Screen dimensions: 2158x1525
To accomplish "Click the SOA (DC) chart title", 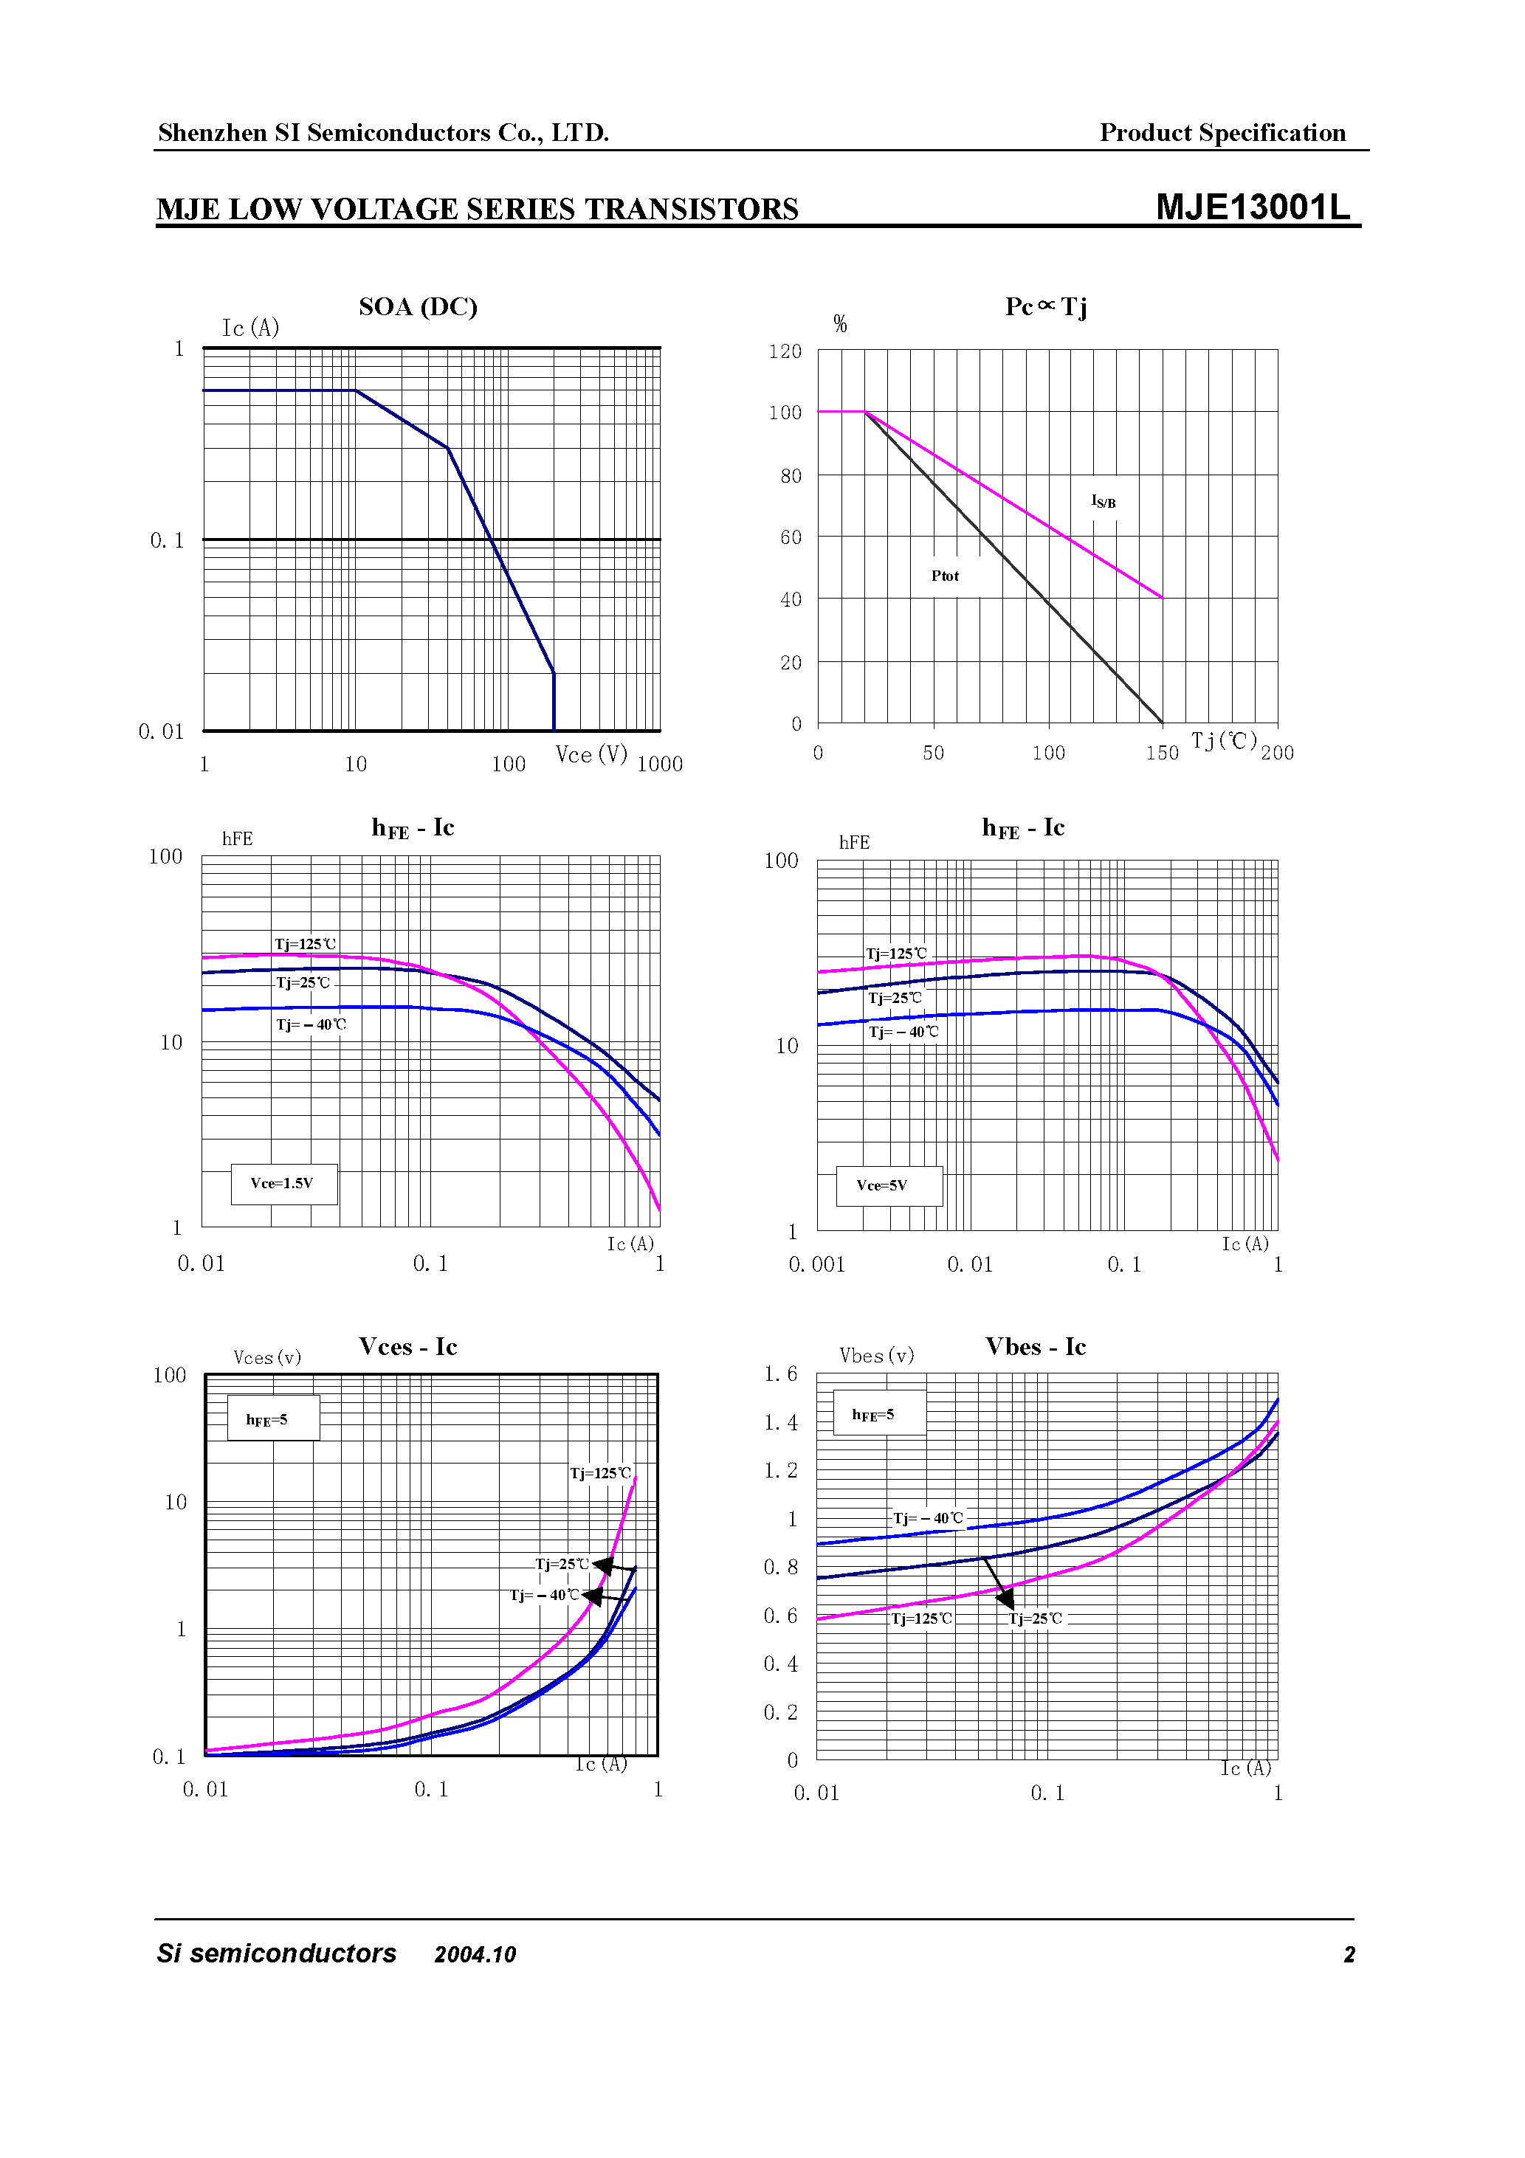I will pyautogui.click(x=418, y=306).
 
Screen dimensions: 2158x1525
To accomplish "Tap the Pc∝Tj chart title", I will pyautogui.click(x=1045, y=306).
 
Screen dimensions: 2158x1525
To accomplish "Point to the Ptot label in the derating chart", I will pyautogui.click(x=945, y=576).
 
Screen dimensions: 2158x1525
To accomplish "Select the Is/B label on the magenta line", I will pyautogui.click(x=1103, y=502).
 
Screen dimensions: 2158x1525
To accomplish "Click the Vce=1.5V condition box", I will pyautogui.click(x=283, y=1183).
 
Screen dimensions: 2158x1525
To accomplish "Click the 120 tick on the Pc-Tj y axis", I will pyautogui.click(x=785, y=351).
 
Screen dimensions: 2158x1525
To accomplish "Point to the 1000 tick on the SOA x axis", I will pyautogui.click(x=659, y=764).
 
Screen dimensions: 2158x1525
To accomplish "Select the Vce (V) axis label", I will pyautogui.click(x=591, y=755).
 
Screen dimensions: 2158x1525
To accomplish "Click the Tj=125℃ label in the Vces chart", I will pyautogui.click(x=600, y=1473).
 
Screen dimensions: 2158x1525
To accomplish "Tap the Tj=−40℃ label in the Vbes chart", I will pyautogui.click(x=927, y=1518).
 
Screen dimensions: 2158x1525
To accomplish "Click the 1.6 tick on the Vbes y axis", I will pyautogui.click(x=780, y=1374).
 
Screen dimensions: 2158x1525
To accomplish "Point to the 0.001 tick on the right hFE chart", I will pyautogui.click(x=816, y=1265).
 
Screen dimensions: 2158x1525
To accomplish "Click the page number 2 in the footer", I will pyautogui.click(x=1349, y=1955).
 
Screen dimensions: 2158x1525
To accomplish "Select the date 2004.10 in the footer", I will pyautogui.click(x=475, y=1955).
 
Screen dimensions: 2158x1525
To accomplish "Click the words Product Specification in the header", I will pyautogui.click(x=1222, y=133).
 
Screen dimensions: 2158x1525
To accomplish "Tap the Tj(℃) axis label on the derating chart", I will pyautogui.click(x=1223, y=741).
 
